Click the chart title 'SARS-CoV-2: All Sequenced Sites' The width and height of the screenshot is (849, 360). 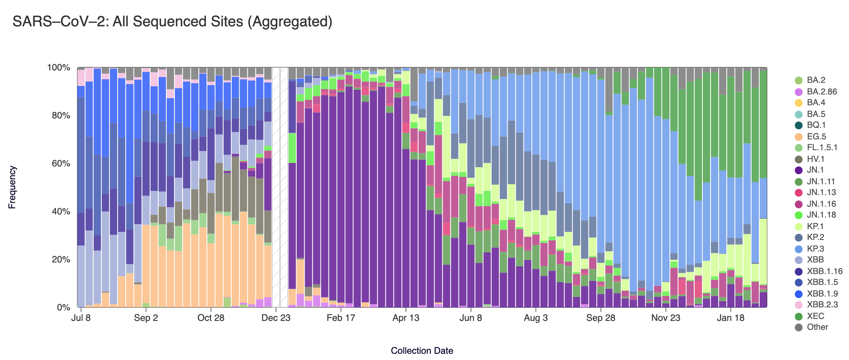(172, 22)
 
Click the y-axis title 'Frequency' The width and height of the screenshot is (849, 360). (12, 187)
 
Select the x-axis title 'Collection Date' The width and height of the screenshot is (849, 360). (422, 351)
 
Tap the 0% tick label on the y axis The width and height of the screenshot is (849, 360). (63, 307)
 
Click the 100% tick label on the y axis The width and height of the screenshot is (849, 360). (59, 68)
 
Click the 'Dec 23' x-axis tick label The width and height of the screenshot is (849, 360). (276, 318)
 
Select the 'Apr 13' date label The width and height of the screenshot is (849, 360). (406, 318)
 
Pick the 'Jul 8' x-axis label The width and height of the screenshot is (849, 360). (81, 318)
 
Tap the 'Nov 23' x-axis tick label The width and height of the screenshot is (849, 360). (666, 318)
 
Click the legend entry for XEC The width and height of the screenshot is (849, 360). (815, 316)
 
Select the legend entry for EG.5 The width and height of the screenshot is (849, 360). (816, 137)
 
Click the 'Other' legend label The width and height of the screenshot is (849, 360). (817, 327)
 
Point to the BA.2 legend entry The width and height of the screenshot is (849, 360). (816, 80)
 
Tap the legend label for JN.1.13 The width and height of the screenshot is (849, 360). (821, 192)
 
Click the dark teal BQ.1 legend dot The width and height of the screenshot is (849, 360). (798, 125)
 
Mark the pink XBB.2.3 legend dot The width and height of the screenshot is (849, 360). (798, 305)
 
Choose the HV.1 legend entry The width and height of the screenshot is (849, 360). (815, 159)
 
